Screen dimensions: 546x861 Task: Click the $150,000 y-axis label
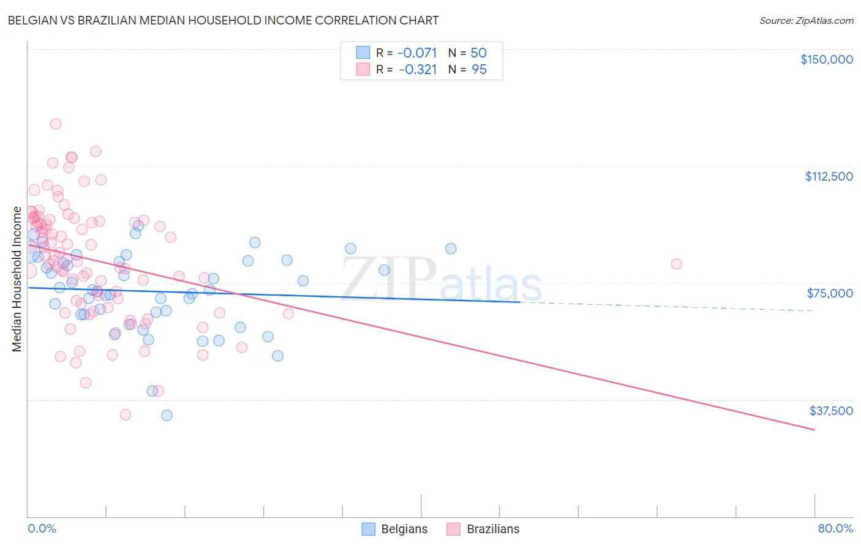coord(826,59)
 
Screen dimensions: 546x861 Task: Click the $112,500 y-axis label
coord(829,176)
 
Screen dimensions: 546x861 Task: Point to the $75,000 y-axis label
coord(830,293)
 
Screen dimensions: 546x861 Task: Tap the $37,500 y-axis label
coord(831,411)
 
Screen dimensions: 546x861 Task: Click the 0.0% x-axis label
coord(42,528)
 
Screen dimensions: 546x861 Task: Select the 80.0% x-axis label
coord(835,528)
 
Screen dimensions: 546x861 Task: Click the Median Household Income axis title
coord(17,279)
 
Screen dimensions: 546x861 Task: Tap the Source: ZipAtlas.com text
coord(806,20)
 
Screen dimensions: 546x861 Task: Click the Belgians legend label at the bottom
coord(404,529)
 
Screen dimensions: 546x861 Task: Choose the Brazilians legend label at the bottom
coord(493,529)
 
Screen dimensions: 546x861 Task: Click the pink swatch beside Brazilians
coord(453,529)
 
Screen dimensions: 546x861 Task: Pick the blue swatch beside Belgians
coord(368,529)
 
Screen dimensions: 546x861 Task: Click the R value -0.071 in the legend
coord(418,53)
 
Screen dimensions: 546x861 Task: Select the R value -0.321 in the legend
coord(418,70)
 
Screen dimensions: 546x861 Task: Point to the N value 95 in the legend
coord(479,70)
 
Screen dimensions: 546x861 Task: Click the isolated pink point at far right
coord(677,264)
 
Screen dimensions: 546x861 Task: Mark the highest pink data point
coord(56,124)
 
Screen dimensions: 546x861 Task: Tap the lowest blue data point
coord(167,416)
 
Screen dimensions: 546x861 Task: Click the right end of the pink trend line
coord(814,430)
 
